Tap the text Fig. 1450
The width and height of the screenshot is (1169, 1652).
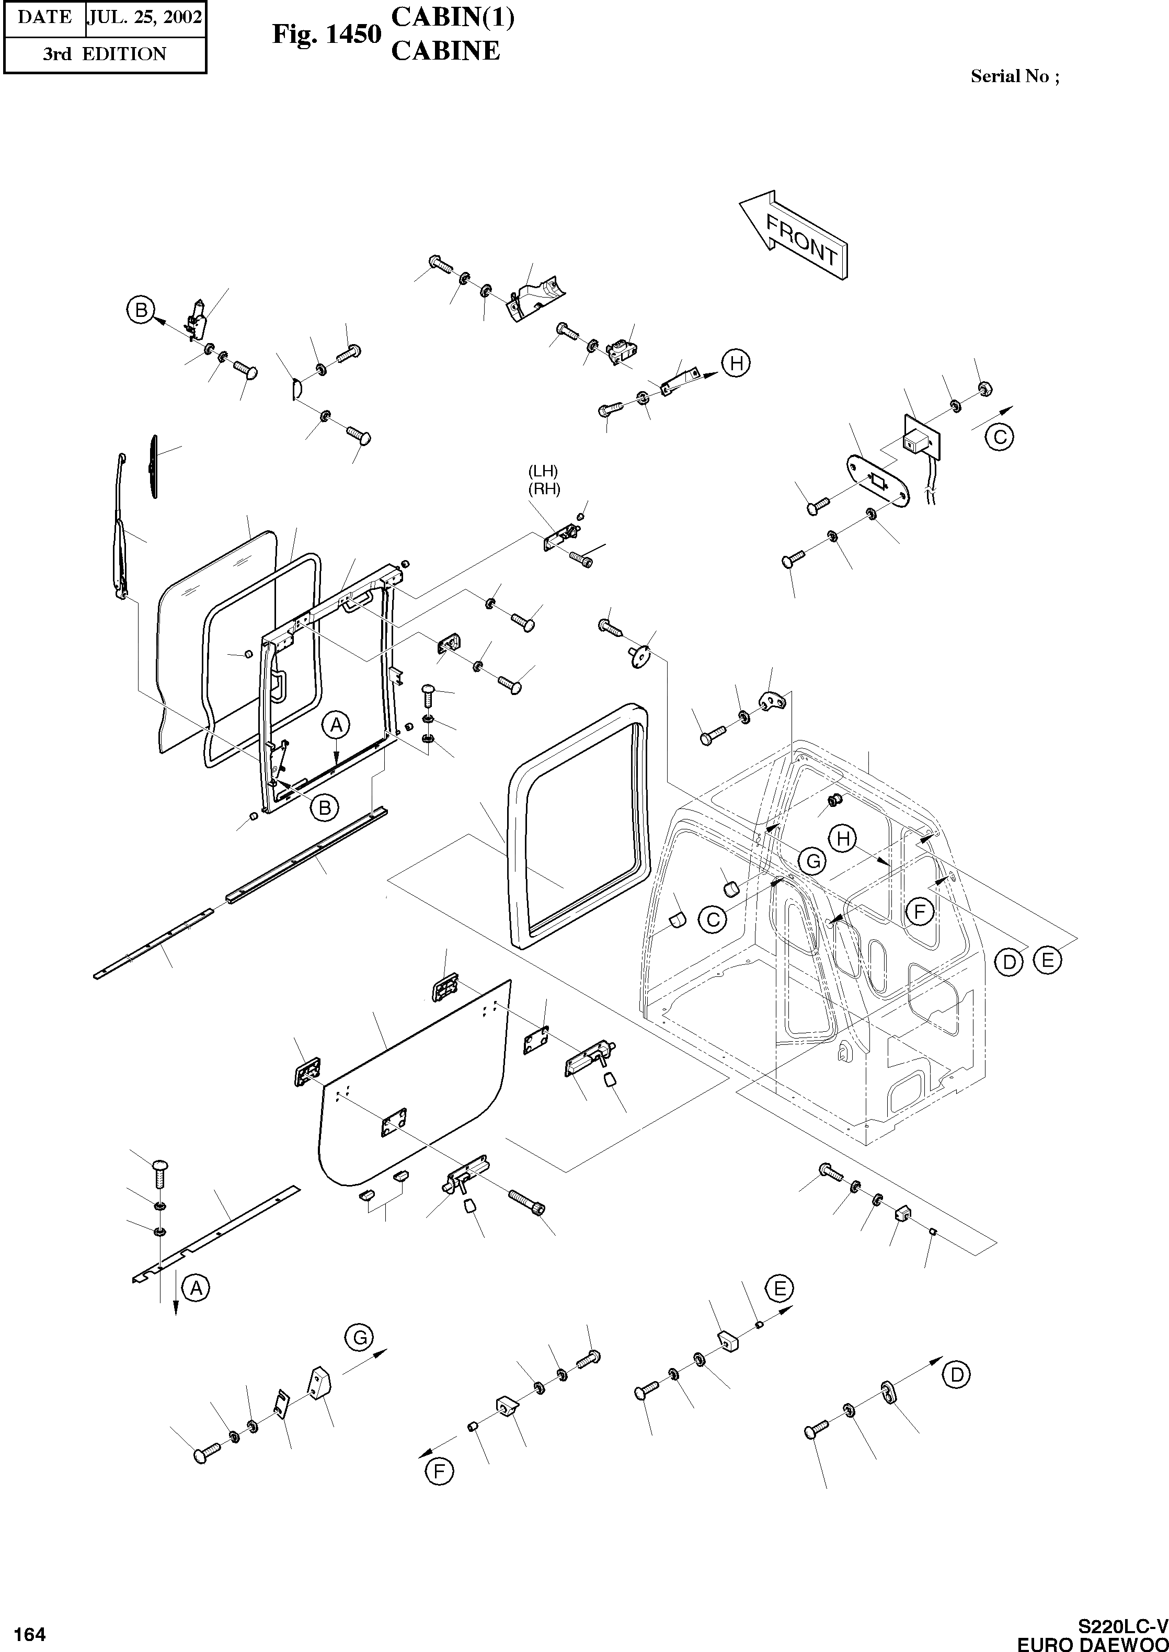325,34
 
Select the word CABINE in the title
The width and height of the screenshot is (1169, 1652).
445,50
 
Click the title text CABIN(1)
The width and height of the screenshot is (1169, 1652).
452,18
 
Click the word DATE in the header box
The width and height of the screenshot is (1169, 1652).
44,17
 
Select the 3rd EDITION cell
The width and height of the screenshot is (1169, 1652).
105,54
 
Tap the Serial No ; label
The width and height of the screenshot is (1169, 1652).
1014,76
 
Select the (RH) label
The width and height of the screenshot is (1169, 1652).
544,489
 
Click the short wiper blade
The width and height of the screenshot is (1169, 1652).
153,465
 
